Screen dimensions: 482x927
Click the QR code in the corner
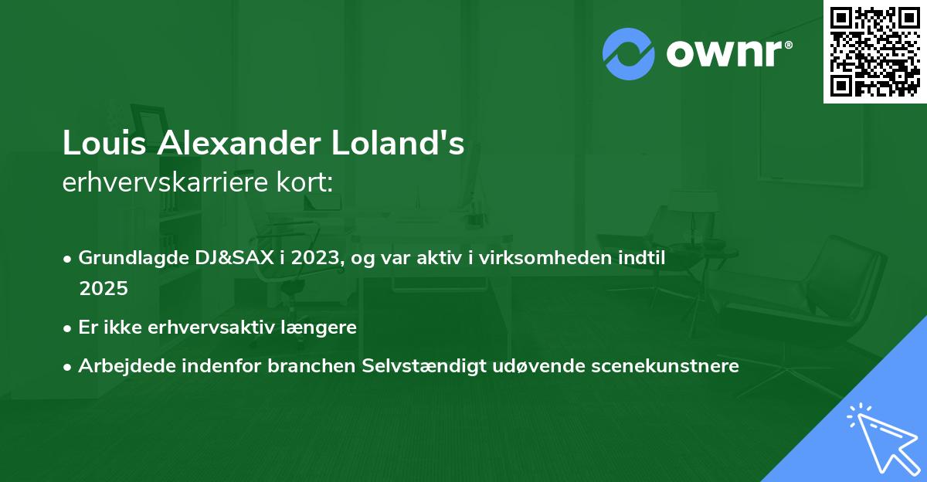tap(874, 52)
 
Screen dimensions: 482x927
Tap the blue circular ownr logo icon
tap(629, 53)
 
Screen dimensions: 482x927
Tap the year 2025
tap(103, 288)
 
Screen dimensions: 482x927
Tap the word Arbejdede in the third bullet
tap(121, 365)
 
